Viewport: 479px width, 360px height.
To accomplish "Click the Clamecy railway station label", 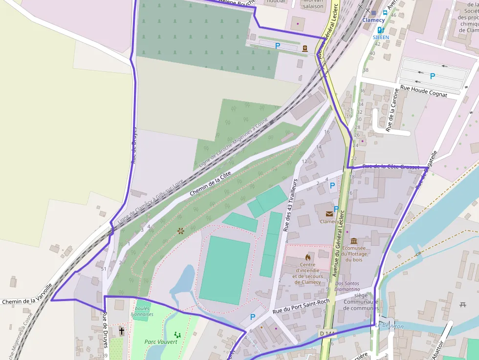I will tap(373, 20).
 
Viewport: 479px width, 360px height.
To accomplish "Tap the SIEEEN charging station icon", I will tap(381, 30).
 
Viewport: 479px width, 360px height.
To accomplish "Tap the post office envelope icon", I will tap(328, 213).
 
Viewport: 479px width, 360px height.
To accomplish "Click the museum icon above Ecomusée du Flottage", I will tap(354, 241).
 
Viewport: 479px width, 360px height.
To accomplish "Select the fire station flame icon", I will tap(308, 257).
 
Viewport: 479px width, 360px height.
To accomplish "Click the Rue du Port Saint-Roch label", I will tap(301, 306).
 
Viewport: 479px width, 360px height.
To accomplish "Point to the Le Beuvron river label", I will tap(390, 326).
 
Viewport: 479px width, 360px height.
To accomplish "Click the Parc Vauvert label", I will tap(161, 341).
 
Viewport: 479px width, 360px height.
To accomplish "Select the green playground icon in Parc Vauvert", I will tap(177, 335).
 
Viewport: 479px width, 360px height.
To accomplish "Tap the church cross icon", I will tap(121, 332).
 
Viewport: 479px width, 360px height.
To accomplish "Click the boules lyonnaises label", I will tap(144, 311).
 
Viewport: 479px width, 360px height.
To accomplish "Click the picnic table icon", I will tap(463, 305).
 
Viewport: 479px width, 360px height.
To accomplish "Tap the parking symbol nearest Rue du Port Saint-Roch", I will tap(253, 317).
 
